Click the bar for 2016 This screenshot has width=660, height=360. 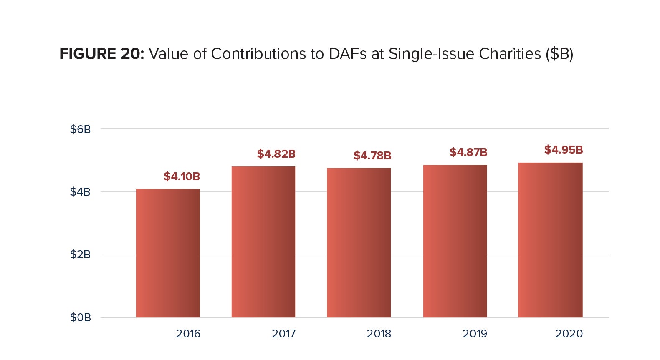[168, 253]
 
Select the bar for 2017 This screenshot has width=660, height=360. [263, 242]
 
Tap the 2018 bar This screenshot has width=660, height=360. [359, 243]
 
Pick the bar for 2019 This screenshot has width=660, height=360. [455, 241]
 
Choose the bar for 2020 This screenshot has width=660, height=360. [550, 240]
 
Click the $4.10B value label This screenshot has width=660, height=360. [182, 176]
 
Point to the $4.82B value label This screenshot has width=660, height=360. [276, 154]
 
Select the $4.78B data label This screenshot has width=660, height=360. [372, 156]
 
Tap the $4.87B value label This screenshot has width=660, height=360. [468, 152]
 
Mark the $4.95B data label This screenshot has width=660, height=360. [564, 150]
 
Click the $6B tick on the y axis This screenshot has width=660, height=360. [80, 129]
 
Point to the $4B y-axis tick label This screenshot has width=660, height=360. [80, 192]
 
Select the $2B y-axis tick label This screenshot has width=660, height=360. [80, 254]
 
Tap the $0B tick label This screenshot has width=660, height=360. [80, 317]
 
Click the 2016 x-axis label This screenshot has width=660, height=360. [188, 334]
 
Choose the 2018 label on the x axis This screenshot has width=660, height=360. [379, 334]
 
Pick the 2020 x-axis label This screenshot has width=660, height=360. [569, 334]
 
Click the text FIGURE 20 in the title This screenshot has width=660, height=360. [101, 54]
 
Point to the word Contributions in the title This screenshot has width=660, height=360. [258, 54]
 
